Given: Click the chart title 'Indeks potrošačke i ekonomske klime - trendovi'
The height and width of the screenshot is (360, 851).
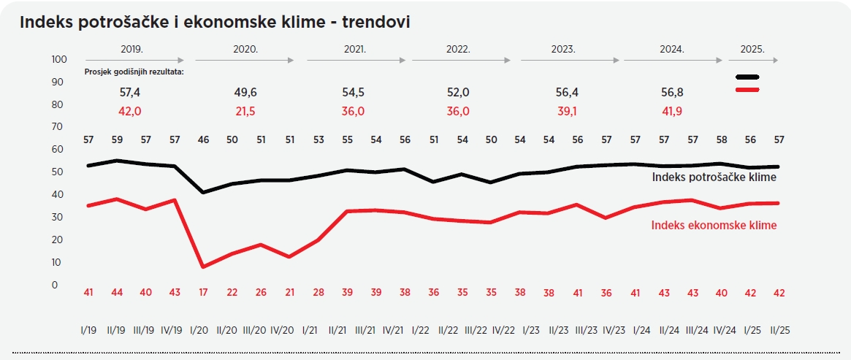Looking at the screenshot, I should [215, 22].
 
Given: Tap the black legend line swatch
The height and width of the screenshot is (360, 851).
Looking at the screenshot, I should [747, 77].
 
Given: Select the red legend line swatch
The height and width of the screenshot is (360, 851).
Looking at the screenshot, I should [747, 90].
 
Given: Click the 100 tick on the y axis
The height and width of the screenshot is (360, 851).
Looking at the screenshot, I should [59, 59].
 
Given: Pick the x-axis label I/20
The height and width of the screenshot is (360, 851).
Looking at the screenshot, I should [202, 329].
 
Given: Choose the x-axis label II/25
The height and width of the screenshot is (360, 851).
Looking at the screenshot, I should [779, 329].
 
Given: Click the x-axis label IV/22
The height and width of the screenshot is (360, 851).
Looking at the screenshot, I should [505, 329].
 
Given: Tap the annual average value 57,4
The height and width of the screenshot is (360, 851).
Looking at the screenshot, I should [131, 93].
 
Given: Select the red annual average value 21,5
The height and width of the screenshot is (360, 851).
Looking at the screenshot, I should [245, 111].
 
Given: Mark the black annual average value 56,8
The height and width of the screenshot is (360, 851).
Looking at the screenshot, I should [671, 93].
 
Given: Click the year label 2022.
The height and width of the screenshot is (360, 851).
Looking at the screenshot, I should [458, 49].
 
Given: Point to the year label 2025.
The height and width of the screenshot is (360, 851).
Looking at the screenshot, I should [752, 49].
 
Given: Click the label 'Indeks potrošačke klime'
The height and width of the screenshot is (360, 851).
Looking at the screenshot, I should [714, 177].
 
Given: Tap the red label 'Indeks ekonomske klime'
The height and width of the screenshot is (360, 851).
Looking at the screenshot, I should [714, 225].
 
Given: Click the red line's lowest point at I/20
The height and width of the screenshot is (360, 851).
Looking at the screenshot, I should [202, 267].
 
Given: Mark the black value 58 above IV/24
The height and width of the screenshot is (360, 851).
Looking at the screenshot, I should [722, 139].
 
